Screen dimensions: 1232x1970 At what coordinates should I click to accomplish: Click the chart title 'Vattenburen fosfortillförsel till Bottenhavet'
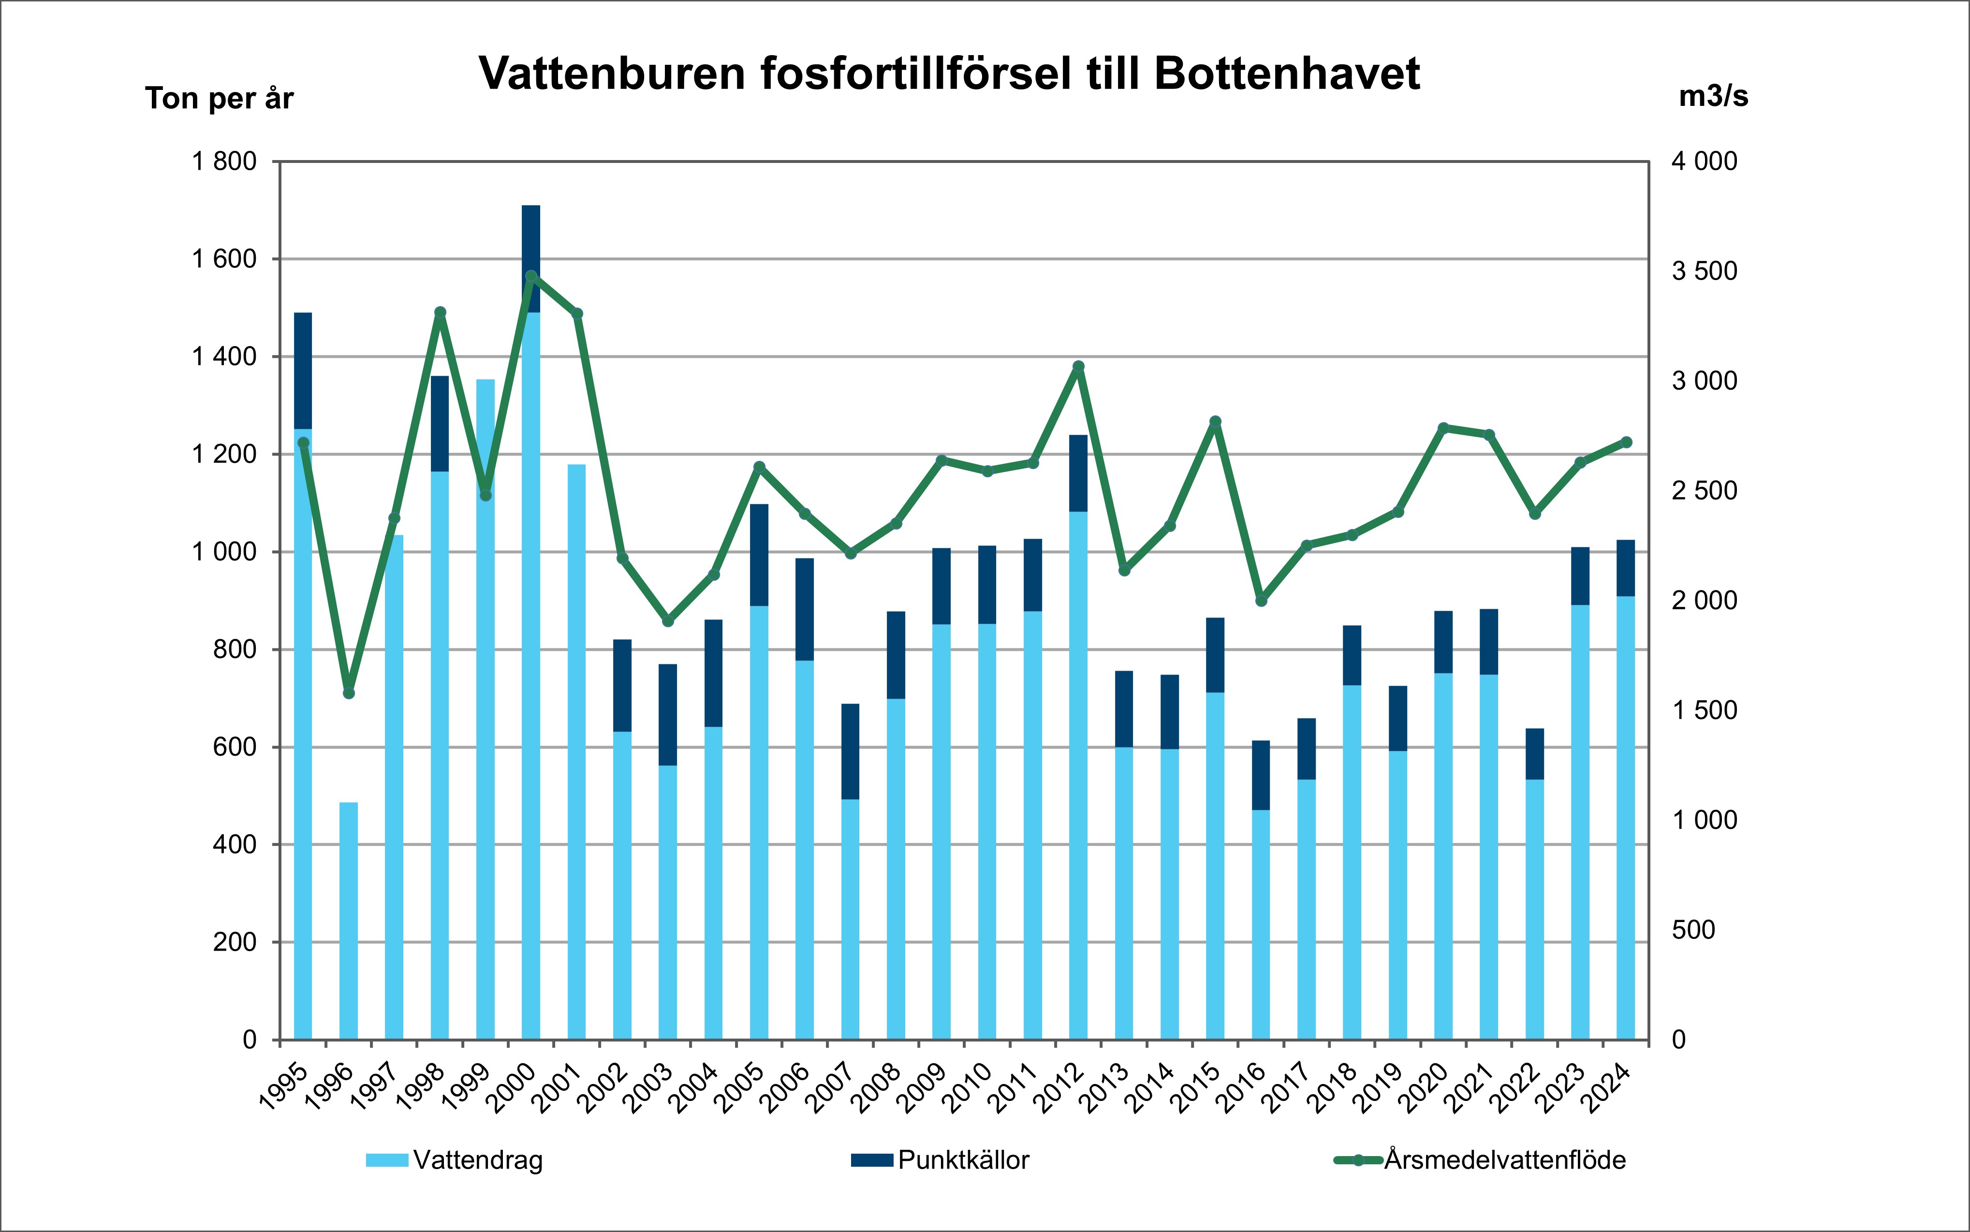pos(949,74)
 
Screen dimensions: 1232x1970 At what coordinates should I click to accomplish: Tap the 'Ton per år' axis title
pos(219,99)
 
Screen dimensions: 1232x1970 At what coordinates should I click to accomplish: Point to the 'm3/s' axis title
pos(1713,97)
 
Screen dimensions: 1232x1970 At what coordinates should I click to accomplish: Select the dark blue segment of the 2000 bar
pos(530,245)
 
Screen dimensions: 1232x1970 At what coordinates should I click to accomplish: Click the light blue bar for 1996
pos(349,921)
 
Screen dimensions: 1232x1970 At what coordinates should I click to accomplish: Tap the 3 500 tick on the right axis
pos(1705,271)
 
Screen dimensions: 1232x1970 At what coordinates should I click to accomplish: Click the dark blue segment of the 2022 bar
pos(1535,754)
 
